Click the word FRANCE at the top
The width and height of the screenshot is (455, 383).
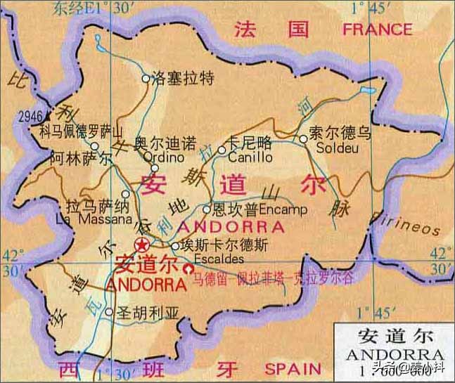click(377, 30)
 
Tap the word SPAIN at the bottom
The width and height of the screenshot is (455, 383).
click(293, 368)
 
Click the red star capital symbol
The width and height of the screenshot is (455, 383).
click(143, 245)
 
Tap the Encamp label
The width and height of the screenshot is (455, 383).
click(284, 209)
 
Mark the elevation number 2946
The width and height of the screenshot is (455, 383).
click(31, 116)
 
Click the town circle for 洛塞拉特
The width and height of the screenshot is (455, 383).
click(146, 79)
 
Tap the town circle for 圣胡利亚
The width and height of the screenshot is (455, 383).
click(109, 311)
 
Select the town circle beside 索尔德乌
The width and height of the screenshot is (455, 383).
click(303, 138)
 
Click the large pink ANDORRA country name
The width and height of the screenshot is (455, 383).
click(231, 227)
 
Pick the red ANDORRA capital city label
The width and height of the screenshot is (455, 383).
click(144, 285)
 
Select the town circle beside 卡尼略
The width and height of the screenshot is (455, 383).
click(222, 149)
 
